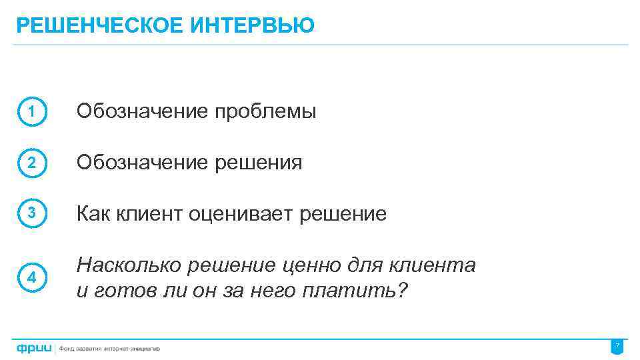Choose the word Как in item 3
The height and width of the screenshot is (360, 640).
94,214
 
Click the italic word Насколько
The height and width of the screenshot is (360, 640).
129,266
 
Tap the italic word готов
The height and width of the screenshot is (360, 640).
116,291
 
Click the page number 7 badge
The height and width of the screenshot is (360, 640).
617,347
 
